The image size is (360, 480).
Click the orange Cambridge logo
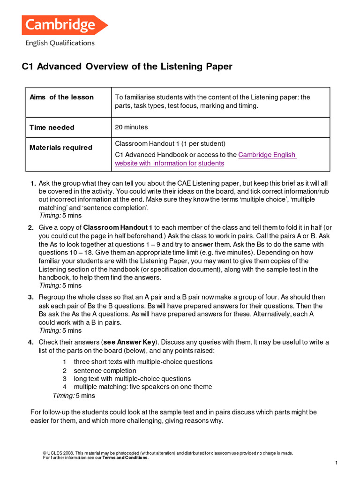64,25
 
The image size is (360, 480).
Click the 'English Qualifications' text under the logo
60,43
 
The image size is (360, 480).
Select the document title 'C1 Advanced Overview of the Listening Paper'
127,67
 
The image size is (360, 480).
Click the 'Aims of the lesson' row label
61,97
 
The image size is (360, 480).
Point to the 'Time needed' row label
52,127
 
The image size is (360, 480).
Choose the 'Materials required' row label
61,147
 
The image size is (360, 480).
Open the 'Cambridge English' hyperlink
267,155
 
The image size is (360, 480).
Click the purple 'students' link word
211,163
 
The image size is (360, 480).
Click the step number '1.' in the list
33,183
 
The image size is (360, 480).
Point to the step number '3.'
30,297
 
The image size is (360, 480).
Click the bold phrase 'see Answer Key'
137,342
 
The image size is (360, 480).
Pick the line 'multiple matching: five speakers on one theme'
142,387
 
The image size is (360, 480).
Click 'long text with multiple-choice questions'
132,378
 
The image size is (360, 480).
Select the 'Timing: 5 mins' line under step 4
74,396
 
